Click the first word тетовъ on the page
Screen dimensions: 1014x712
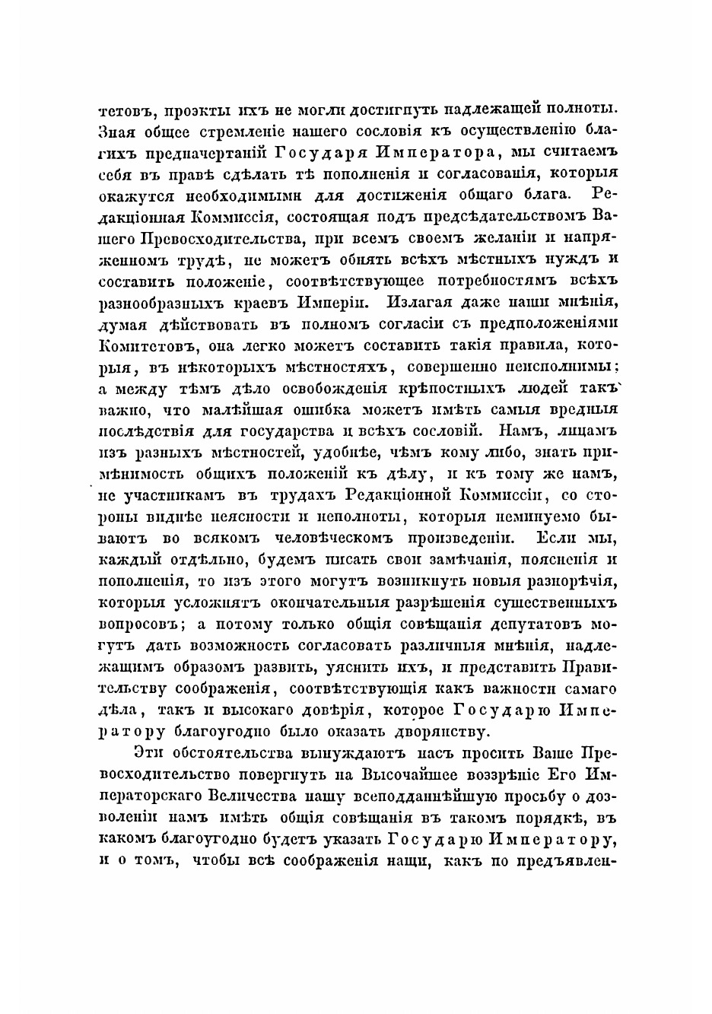click(x=122, y=107)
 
